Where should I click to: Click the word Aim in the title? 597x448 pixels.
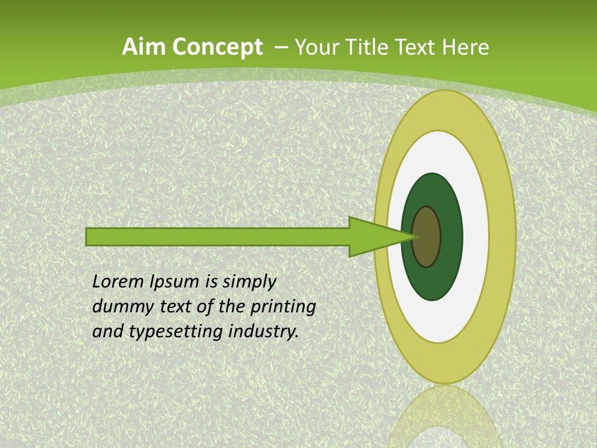pos(144,47)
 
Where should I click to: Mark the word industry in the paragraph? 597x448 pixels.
pos(264,332)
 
